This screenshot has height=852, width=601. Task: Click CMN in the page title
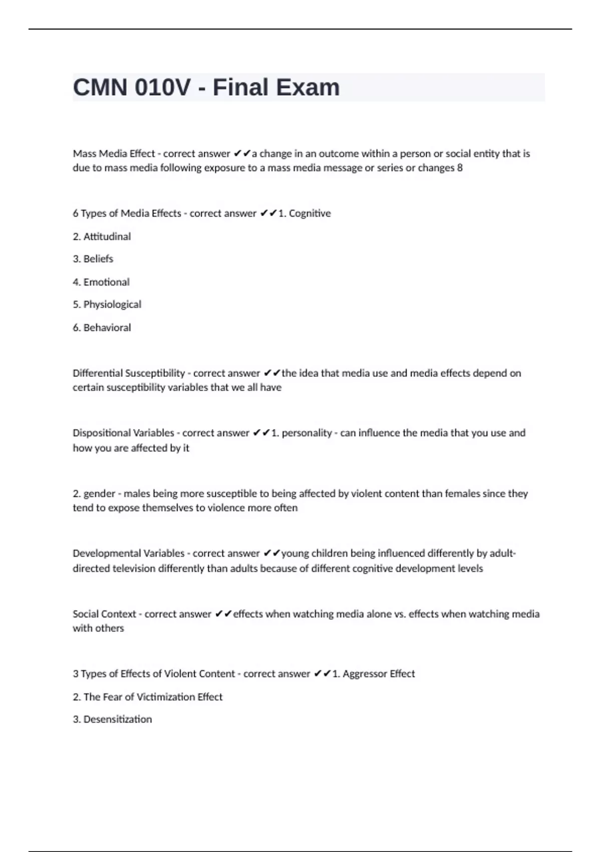[x=100, y=87]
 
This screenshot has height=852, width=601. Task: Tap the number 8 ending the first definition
[x=460, y=168]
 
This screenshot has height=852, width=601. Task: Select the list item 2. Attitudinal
[x=102, y=237]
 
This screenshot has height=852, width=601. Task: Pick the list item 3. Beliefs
[x=93, y=259]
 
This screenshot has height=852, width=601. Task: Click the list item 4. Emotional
[x=101, y=282]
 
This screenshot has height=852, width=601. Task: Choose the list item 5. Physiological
[x=107, y=305]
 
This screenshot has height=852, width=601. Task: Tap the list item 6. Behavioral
[x=102, y=328]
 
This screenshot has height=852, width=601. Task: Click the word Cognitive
[x=310, y=214]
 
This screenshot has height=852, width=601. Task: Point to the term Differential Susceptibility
[x=129, y=373]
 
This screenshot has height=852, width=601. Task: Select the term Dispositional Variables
[x=123, y=433]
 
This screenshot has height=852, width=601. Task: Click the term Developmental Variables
[x=129, y=554]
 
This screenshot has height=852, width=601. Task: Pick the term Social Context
[x=104, y=614]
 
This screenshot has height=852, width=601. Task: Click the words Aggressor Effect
[x=379, y=674]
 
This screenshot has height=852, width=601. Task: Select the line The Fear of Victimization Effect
[x=148, y=697]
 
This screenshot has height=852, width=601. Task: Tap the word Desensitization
[x=117, y=720]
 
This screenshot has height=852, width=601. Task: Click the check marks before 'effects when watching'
[x=223, y=614]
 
